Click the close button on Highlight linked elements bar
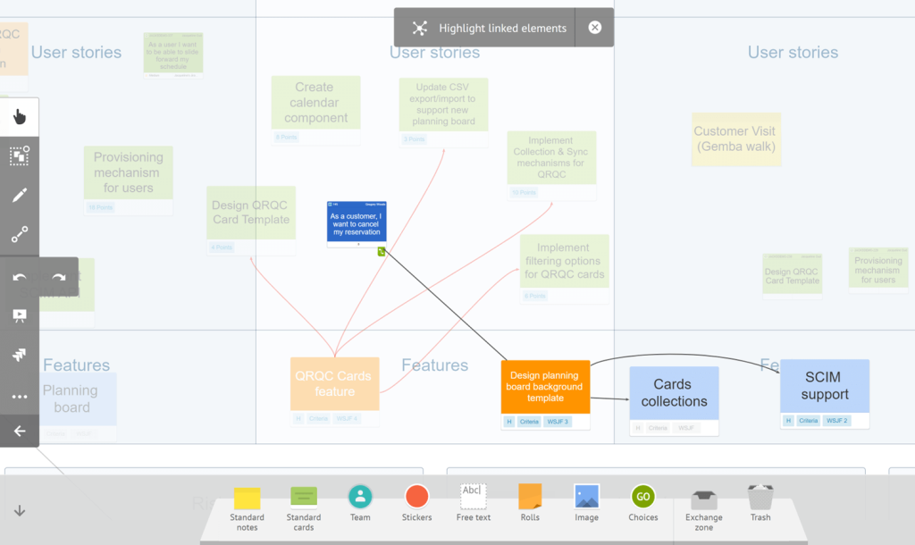(595, 28)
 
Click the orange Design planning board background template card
(545, 387)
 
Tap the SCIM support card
(824, 386)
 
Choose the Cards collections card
(674, 393)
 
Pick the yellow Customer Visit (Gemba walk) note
(735, 138)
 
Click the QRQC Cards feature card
(334, 384)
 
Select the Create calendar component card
(315, 102)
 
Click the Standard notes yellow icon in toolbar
(247, 498)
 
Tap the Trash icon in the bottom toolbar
(760, 498)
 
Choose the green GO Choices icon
(642, 497)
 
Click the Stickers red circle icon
(416, 497)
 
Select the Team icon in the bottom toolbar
(360, 497)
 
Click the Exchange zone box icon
(704, 498)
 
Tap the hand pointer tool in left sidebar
(20, 117)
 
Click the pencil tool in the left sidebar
(20, 196)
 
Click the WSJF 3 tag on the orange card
(558, 421)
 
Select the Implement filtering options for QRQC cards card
(564, 261)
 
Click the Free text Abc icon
(473, 496)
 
